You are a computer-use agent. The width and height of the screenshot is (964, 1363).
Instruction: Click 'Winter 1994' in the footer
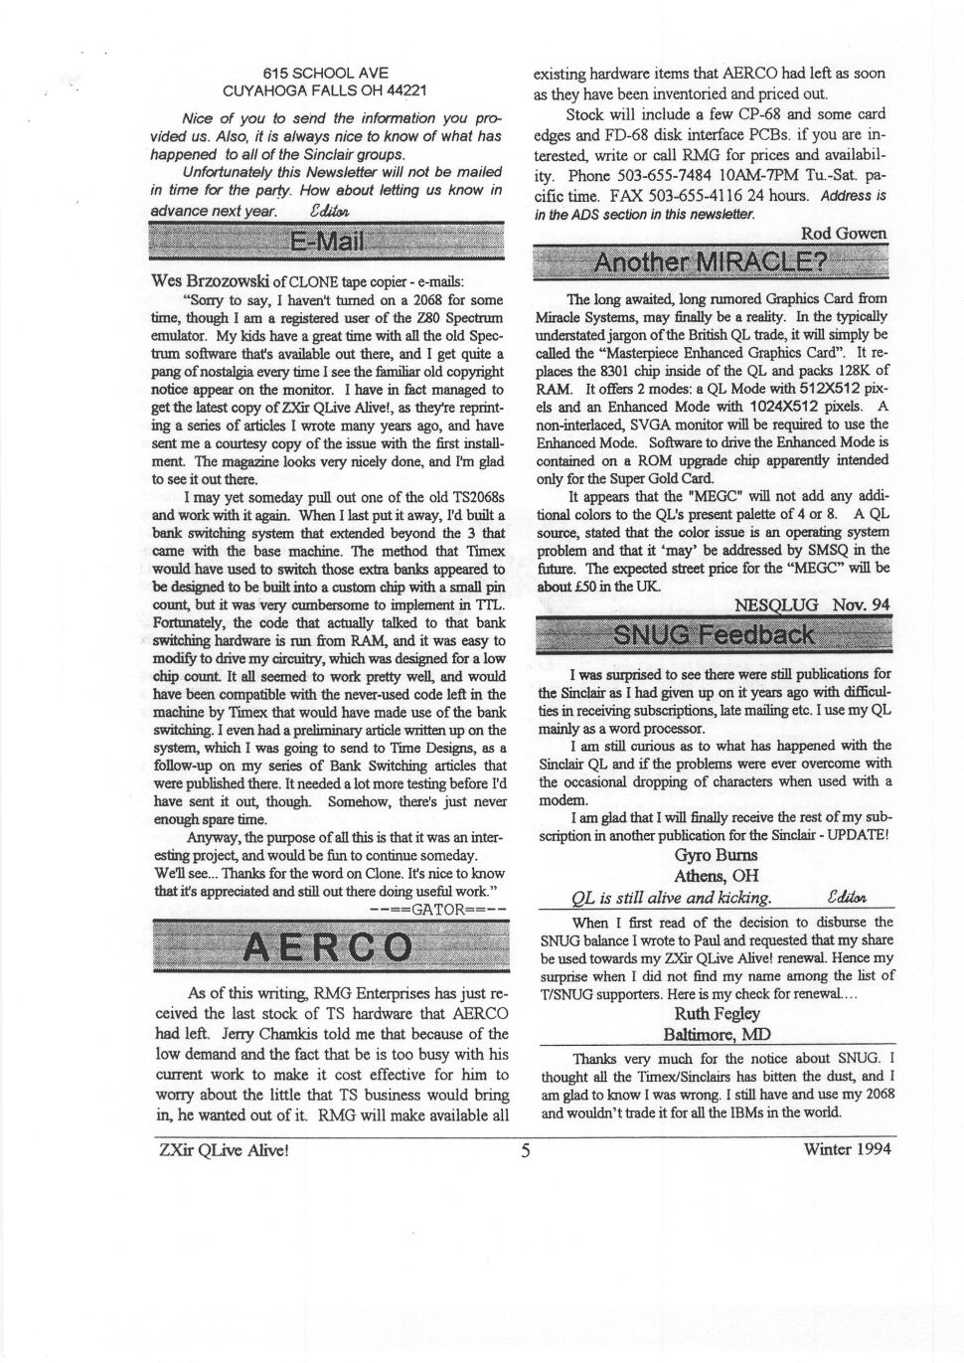[x=847, y=1149]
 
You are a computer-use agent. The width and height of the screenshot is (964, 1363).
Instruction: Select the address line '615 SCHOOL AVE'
[x=326, y=73]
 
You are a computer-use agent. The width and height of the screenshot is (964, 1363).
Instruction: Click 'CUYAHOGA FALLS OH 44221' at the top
[x=326, y=90]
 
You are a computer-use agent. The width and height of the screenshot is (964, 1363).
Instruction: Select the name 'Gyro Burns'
[x=716, y=855]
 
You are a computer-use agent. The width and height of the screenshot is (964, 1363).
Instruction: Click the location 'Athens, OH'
[x=716, y=876]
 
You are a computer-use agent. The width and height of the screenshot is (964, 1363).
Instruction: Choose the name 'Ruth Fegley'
[x=717, y=1014]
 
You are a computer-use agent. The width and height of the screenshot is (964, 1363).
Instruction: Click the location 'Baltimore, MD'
[x=716, y=1035]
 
